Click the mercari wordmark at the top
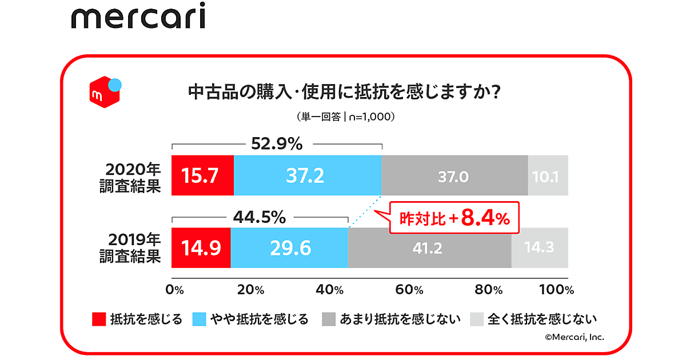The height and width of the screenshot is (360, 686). [138, 18]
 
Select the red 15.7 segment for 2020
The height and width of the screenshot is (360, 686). [202, 175]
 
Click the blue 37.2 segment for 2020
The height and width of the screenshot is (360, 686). [308, 175]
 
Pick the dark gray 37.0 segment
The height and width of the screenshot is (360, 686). [454, 175]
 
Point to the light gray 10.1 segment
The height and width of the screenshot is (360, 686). [548, 175]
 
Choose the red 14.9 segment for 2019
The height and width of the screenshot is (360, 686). [201, 247]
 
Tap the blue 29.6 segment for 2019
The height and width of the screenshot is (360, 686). [289, 247]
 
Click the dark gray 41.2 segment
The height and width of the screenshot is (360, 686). [429, 247]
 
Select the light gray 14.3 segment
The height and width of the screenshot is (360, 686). [540, 247]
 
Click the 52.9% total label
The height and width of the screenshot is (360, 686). [277, 145]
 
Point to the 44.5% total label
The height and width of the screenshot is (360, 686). [260, 217]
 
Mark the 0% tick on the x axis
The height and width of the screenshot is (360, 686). [174, 289]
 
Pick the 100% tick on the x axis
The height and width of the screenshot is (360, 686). [556, 289]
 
